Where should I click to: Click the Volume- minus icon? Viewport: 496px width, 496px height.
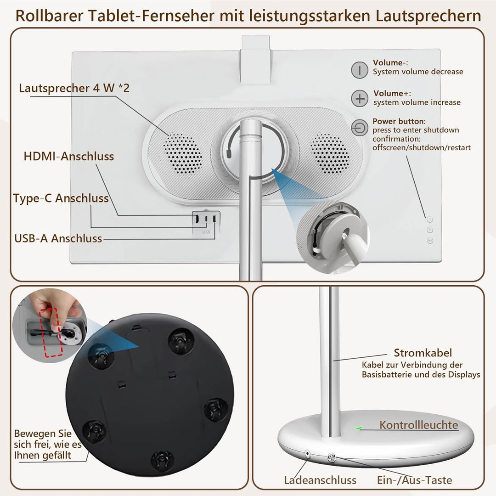click(x=360, y=70)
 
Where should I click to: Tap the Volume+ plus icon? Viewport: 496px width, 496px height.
click(x=360, y=99)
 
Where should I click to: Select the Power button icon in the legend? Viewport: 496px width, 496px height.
click(x=360, y=128)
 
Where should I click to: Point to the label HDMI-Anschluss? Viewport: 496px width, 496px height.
click(x=69, y=156)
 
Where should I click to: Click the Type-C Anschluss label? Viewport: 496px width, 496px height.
click(x=61, y=198)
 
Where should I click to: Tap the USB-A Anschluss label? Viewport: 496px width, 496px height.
click(x=58, y=238)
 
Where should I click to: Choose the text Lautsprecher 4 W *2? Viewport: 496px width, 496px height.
click(x=74, y=88)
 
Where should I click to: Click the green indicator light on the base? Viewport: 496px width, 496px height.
click(x=359, y=428)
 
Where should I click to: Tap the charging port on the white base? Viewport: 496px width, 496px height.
click(x=307, y=454)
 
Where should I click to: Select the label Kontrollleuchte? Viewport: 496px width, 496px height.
click(x=418, y=425)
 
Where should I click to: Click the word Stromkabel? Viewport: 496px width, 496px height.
click(x=423, y=353)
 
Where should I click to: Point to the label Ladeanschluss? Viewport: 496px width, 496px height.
click(x=320, y=480)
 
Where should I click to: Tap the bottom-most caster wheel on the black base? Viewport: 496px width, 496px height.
click(x=161, y=458)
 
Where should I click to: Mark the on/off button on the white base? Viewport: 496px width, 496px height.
click(x=331, y=458)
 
